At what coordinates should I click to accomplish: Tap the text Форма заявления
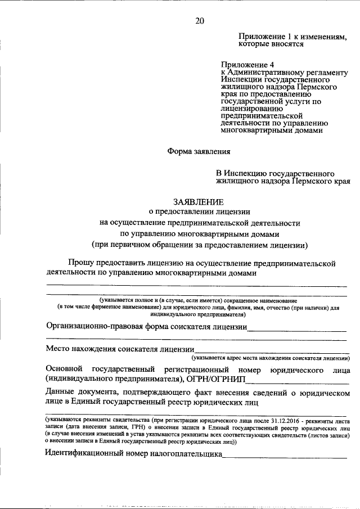click(199, 151)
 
